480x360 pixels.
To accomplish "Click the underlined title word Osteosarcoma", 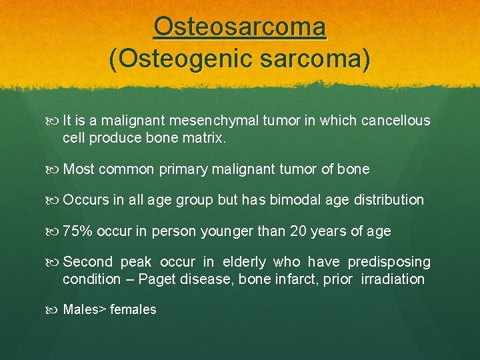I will [x=240, y=27].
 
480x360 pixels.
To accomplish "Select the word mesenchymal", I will [x=211, y=121].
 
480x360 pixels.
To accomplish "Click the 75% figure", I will [x=77, y=231].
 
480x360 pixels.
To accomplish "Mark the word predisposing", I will [x=390, y=262].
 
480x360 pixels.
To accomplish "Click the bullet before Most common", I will [x=53, y=169].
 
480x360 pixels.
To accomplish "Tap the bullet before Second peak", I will [x=53, y=262].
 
